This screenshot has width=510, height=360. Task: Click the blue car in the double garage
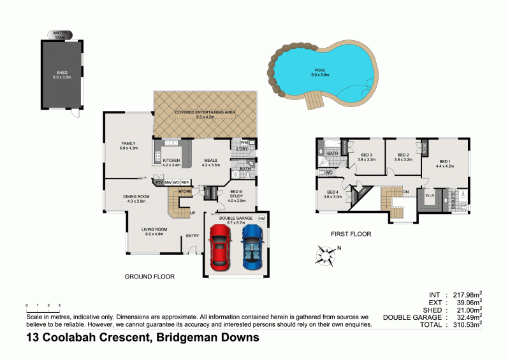pyautogui.click(x=252, y=248)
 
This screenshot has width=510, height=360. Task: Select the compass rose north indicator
pyautogui.click(x=326, y=256)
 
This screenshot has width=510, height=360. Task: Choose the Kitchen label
pyautogui.click(x=172, y=162)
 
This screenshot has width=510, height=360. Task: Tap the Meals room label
pyautogui.click(x=211, y=162)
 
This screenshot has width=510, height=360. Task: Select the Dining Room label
pyautogui.click(x=136, y=198)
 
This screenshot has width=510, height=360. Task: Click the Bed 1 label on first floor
pyautogui.click(x=444, y=163)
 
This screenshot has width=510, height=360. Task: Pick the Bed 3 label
pyautogui.click(x=366, y=157)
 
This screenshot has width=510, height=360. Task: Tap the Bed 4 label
pyautogui.click(x=333, y=194)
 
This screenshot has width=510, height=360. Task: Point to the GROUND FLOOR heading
pyautogui.click(x=150, y=277)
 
